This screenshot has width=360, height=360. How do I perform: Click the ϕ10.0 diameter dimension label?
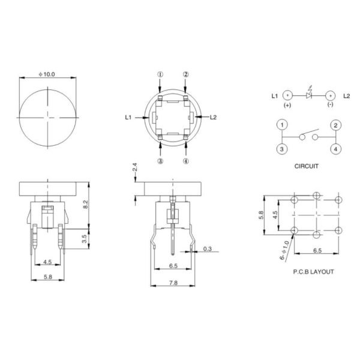click(47, 74)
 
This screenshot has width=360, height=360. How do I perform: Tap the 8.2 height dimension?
click(85, 205)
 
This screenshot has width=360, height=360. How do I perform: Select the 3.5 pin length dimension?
click(85, 239)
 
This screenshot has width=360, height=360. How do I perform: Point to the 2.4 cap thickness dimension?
click(135, 167)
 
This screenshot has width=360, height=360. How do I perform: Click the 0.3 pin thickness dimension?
click(208, 249)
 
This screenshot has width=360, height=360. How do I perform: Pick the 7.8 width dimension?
click(173, 283)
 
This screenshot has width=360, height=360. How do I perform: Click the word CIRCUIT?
click(306, 166)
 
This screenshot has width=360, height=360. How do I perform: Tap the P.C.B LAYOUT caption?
click(313, 272)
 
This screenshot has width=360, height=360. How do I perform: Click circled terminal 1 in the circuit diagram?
click(282, 125)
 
